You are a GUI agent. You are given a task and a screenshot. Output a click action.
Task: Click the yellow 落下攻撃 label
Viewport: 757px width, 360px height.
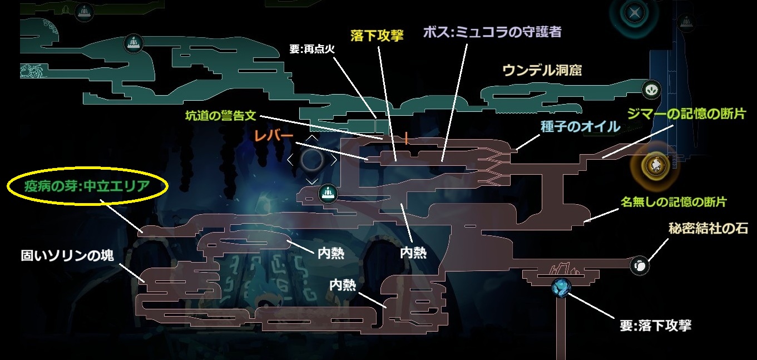pyautogui.click(x=377, y=36)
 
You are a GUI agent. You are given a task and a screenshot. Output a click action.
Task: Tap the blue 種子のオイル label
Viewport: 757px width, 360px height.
pyautogui.click(x=580, y=126)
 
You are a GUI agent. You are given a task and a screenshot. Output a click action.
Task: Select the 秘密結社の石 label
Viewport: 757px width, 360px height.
pyautogui.click(x=708, y=229)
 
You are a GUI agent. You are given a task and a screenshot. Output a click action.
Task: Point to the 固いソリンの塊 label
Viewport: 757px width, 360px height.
pyautogui.click(x=67, y=255)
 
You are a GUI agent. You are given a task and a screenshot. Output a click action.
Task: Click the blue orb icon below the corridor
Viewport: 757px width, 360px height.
pyautogui.click(x=561, y=287)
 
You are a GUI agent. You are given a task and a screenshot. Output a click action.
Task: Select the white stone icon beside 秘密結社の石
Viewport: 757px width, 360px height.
pyautogui.click(x=640, y=265)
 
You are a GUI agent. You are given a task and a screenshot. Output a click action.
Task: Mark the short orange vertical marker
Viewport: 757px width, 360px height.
pyautogui.click(x=407, y=137)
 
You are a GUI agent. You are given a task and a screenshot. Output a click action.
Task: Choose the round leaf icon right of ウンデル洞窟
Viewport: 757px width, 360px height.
pyautogui.click(x=650, y=89)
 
